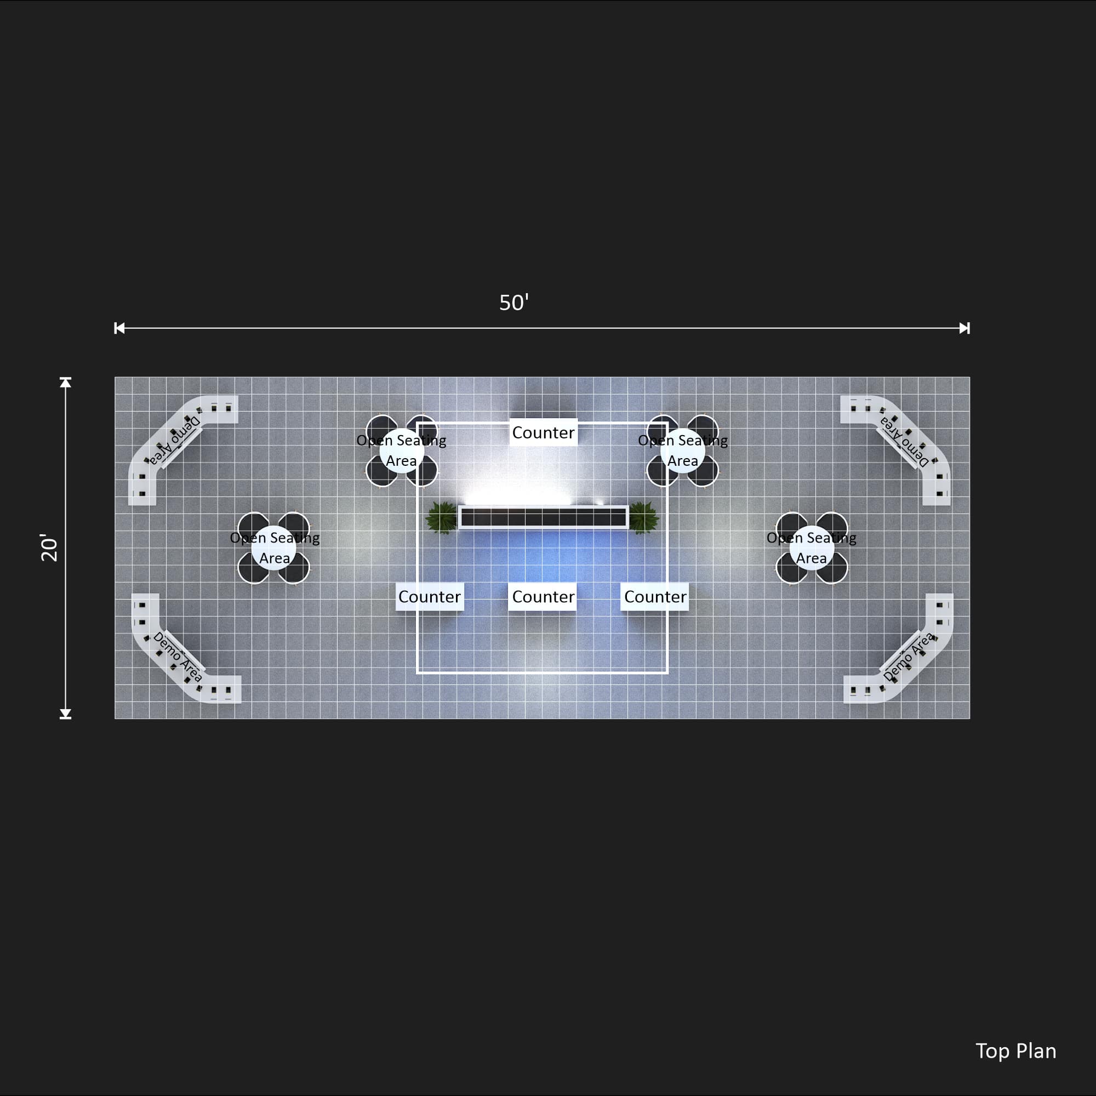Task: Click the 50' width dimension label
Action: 514,302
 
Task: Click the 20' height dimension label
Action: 49,547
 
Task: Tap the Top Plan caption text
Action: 1015,1051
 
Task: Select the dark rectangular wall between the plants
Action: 544,517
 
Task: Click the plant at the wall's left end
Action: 441,517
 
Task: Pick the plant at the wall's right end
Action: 643,517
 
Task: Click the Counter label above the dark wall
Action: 543,432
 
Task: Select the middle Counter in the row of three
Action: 543,596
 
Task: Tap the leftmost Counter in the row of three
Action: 430,596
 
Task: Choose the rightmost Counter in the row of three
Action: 655,596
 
